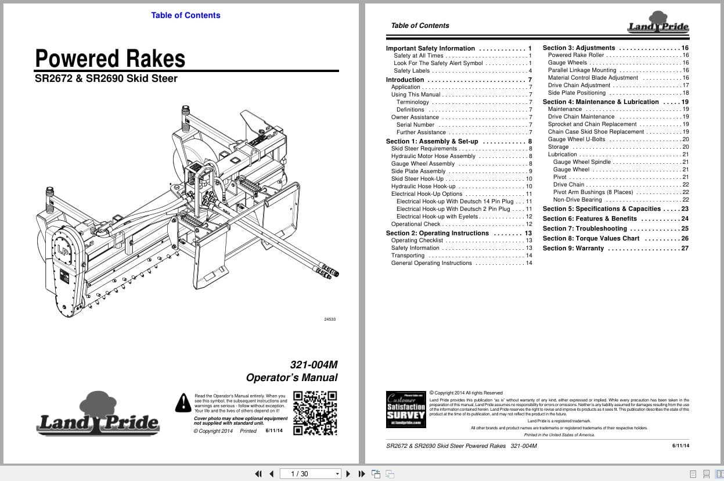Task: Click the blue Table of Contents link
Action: (x=186, y=15)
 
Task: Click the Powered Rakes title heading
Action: (x=110, y=59)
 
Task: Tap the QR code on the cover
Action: (x=315, y=413)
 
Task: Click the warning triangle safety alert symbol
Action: (x=183, y=402)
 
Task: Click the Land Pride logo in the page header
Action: (x=658, y=23)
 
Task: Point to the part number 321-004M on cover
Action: (x=314, y=365)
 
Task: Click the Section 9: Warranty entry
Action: (x=573, y=249)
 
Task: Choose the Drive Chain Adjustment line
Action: (x=579, y=85)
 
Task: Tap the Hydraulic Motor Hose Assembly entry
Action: (x=433, y=156)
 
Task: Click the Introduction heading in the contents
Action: (x=405, y=80)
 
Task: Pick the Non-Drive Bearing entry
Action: (x=577, y=200)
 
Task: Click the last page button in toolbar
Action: (x=362, y=473)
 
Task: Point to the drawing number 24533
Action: (x=330, y=320)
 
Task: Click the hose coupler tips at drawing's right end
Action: (x=329, y=271)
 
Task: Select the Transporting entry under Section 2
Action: (x=408, y=256)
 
